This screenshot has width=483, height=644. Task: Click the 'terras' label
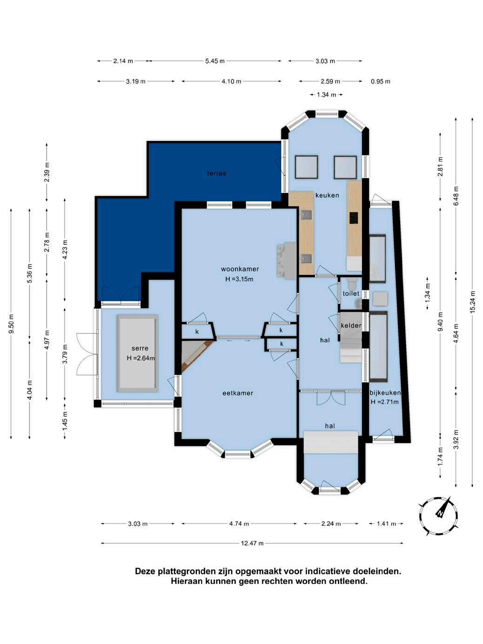pyautogui.click(x=216, y=173)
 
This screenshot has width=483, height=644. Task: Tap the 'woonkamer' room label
pyautogui.click(x=240, y=269)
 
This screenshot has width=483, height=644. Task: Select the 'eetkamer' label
pyautogui.click(x=237, y=393)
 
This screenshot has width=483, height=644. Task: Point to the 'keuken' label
pyautogui.click(x=327, y=195)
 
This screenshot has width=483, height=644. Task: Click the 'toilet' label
pyautogui.click(x=351, y=294)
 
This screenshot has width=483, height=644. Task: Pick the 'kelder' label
pyautogui.click(x=351, y=325)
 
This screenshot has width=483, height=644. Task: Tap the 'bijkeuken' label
pyautogui.click(x=385, y=393)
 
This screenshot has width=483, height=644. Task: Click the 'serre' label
pyautogui.click(x=140, y=348)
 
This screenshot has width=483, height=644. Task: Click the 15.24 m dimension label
pyautogui.click(x=472, y=302)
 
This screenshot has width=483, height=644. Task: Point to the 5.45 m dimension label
pyautogui.click(x=215, y=61)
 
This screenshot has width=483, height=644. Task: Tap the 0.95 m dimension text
pyautogui.click(x=380, y=81)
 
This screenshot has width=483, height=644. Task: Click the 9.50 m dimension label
pyautogui.click(x=11, y=324)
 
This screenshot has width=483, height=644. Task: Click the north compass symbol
pyautogui.click(x=438, y=516)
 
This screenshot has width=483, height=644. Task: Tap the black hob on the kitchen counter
pyautogui.click(x=354, y=217)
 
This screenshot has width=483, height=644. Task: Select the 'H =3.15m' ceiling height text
pyautogui.click(x=239, y=279)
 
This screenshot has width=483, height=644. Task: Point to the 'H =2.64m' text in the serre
pyautogui.click(x=141, y=358)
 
